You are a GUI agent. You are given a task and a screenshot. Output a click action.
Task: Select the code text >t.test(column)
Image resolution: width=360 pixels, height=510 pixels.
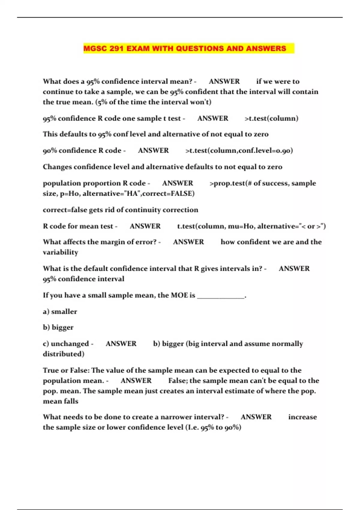click(271, 118)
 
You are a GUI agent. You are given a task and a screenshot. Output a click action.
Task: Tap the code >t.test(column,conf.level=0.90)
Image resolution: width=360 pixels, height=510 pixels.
click(239, 151)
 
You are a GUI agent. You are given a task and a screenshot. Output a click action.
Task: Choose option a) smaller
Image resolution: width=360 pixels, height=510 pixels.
click(60, 312)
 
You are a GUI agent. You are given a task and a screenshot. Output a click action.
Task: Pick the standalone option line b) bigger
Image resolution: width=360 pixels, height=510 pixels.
click(58, 327)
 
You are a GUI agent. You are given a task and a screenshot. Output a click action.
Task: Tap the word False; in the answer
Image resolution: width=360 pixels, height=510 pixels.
click(178, 381)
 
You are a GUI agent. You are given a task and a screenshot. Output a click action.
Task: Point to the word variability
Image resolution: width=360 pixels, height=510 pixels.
click(61, 252)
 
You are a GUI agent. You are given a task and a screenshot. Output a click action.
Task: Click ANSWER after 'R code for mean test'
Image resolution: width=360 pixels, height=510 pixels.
click(145, 226)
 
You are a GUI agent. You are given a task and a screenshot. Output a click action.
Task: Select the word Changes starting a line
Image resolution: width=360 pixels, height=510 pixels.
click(57, 167)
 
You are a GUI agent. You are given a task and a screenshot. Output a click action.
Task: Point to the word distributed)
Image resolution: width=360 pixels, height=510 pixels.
click(64, 354)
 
